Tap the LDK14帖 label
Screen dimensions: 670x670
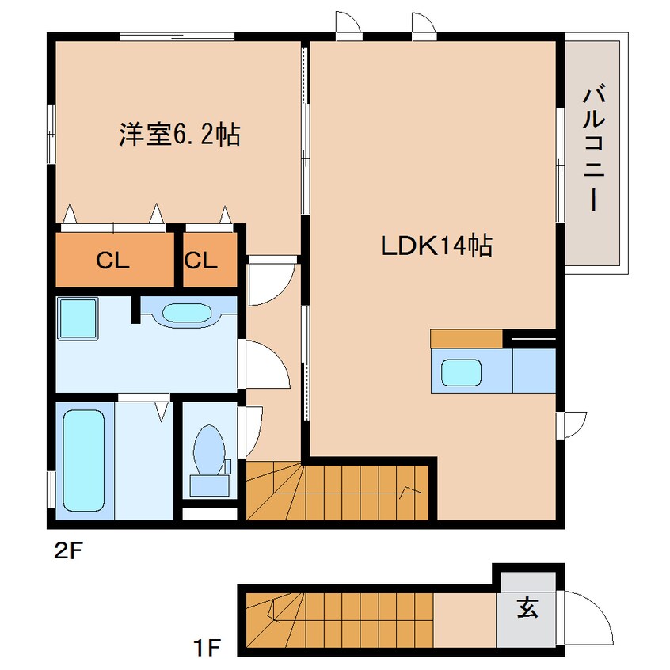pyautogui.click(x=436, y=246)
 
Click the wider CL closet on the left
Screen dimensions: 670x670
pyautogui.click(x=113, y=261)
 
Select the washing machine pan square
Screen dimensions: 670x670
pyautogui.click(x=78, y=318)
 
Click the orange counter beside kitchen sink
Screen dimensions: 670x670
pyautogui.click(x=466, y=339)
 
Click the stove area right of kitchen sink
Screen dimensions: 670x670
pyautogui.click(x=534, y=371)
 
